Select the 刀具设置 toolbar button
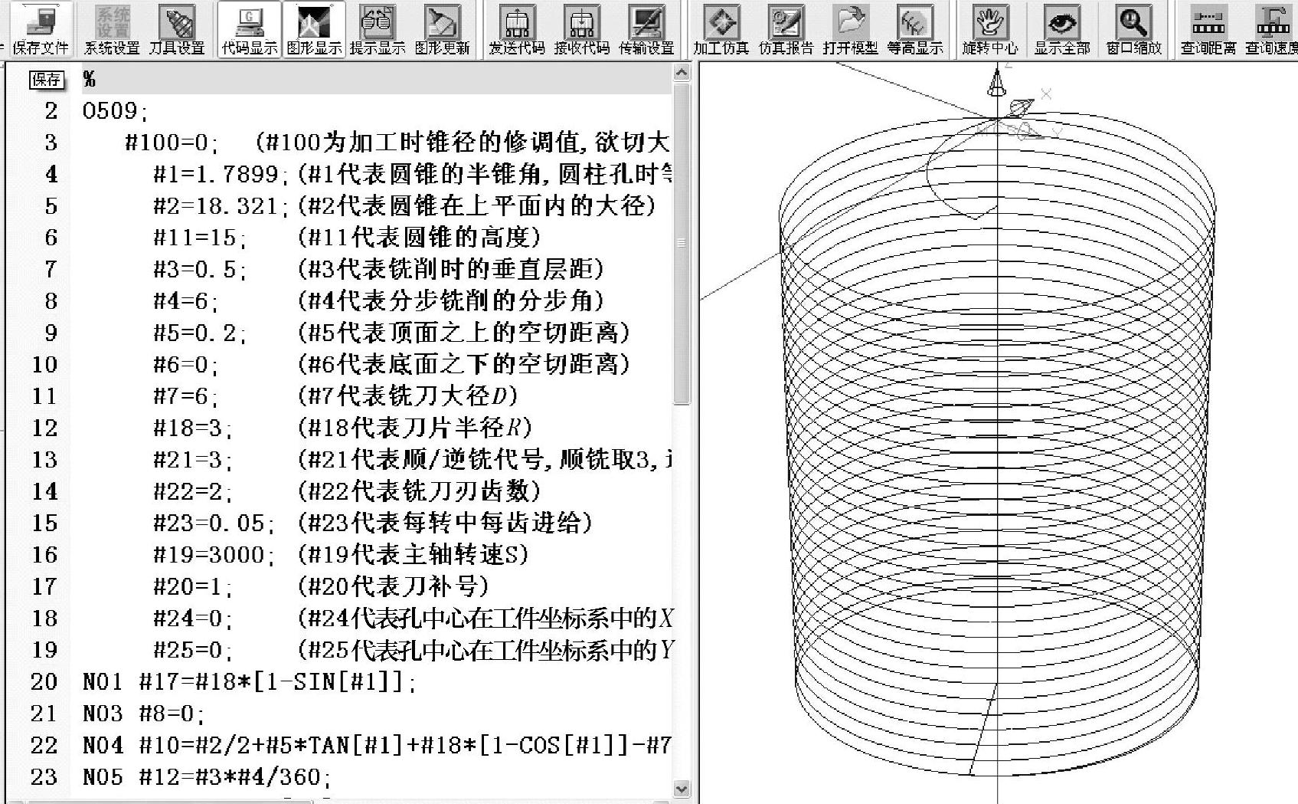click(x=177, y=29)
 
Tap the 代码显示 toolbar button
click(x=250, y=29)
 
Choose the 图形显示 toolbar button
click(x=314, y=29)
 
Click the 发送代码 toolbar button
click(x=517, y=29)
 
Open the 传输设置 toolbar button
click(x=646, y=29)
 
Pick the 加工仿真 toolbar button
click(x=721, y=29)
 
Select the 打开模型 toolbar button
click(x=850, y=29)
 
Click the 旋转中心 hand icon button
click(x=989, y=29)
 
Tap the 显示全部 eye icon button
click(x=1061, y=29)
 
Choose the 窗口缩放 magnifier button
click(x=1133, y=29)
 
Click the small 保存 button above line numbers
click(x=46, y=80)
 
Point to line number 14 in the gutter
click(x=44, y=491)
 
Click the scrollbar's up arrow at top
click(x=682, y=73)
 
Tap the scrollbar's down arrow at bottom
click(x=682, y=789)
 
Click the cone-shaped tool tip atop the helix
click(x=996, y=83)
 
